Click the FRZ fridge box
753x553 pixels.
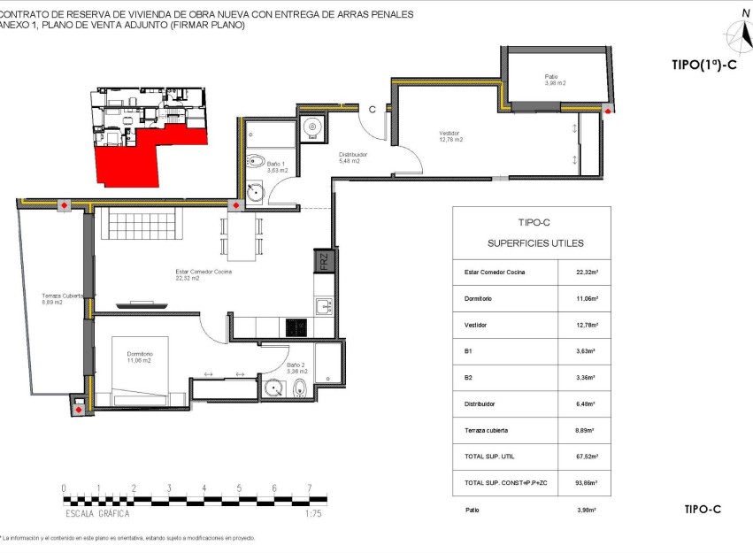coord(323,262)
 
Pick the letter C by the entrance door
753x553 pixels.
coord(373,110)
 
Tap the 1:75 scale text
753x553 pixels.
coord(312,513)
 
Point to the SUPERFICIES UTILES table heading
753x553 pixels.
coord(535,242)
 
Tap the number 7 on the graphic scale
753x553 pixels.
coord(309,488)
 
